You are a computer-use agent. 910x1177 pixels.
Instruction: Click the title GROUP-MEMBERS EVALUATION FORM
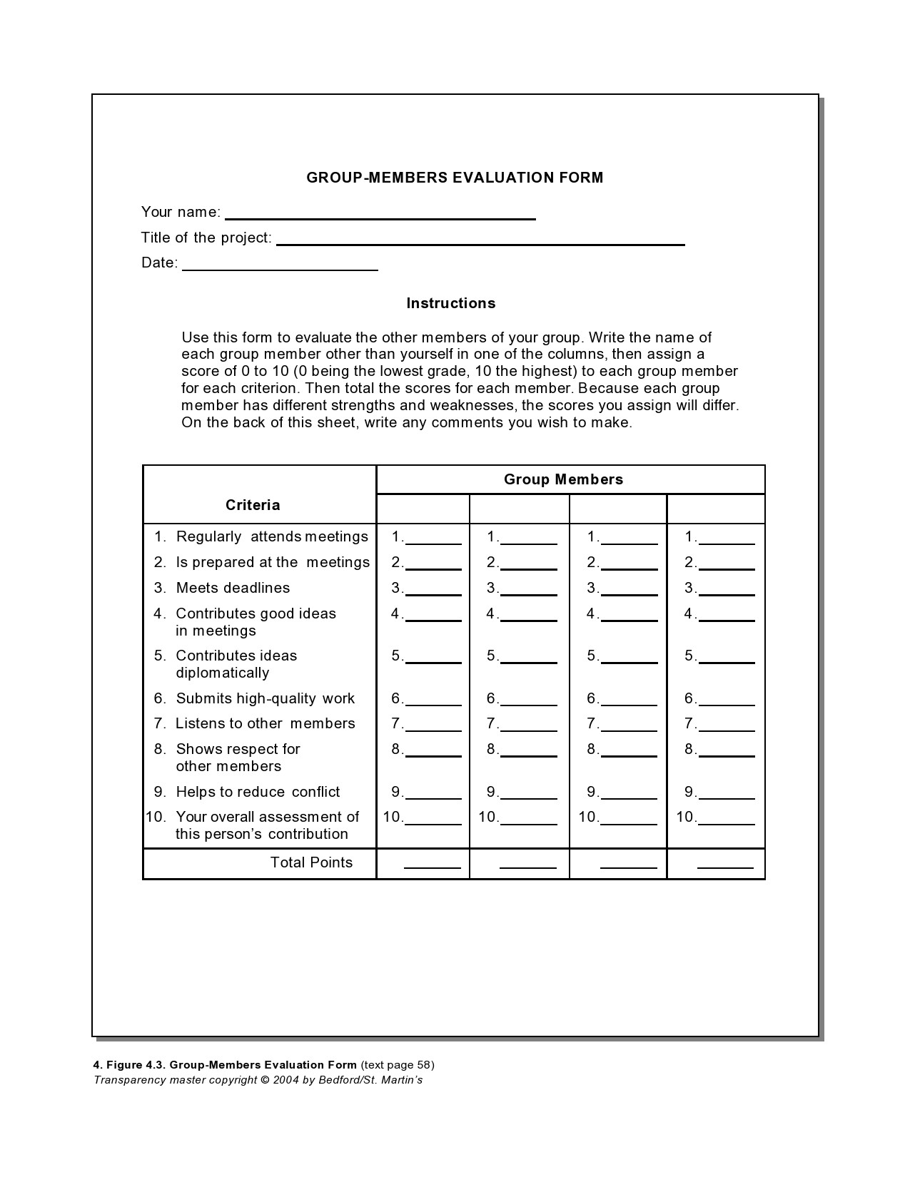455,178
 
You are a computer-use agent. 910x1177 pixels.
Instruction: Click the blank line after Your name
380,214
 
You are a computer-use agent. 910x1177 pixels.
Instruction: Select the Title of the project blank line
480,240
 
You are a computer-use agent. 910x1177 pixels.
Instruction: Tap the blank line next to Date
280,265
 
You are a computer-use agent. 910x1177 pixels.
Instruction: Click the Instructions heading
450,303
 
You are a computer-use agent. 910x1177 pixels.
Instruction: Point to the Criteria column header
253,505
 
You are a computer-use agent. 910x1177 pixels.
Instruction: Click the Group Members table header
563,479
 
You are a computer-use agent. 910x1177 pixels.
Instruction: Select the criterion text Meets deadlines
233,588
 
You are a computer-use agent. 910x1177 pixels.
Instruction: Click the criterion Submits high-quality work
265,698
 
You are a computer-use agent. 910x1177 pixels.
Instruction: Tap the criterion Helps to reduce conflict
258,792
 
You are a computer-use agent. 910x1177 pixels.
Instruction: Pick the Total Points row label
311,862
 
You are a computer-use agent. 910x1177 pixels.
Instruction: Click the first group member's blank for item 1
433,539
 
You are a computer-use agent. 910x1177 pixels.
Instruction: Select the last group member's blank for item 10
726,820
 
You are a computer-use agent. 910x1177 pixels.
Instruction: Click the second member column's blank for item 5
528,658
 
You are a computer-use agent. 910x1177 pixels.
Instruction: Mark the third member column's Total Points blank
628,864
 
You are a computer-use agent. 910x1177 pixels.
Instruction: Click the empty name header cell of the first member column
423,509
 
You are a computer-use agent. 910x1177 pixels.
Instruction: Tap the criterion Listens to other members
265,723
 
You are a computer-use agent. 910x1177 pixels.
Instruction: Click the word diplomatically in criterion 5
223,673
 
